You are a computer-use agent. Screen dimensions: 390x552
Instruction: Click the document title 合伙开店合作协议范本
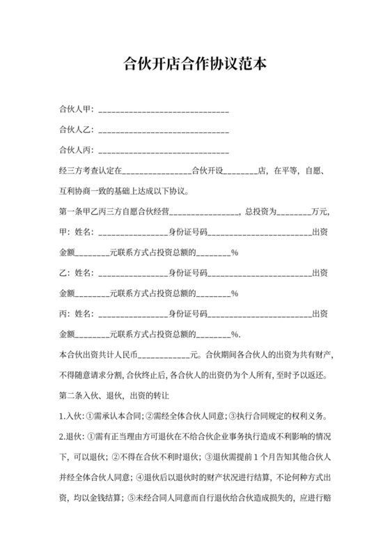[194, 66]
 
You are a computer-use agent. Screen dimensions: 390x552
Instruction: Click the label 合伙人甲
[76, 110]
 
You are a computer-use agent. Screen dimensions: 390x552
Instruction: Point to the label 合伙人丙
[76, 151]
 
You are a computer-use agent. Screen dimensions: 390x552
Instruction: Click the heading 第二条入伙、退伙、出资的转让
[119, 395]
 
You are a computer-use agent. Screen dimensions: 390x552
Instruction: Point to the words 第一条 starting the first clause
[72, 211]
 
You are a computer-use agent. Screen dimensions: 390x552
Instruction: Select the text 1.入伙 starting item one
[71, 416]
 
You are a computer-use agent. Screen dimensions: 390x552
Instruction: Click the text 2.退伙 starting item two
[71, 437]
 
